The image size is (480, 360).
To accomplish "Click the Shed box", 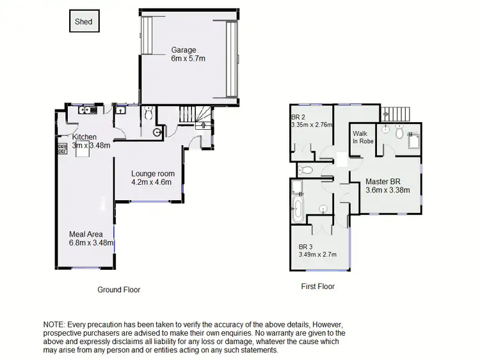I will pyautogui.click(x=83, y=22).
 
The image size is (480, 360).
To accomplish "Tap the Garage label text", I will pyautogui.click(x=183, y=50).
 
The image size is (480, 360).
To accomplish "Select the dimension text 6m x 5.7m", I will pyautogui.click(x=188, y=59).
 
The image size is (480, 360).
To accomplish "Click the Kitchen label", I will pyautogui.click(x=84, y=137).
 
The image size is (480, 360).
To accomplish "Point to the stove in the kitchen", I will pyautogui.click(x=63, y=148).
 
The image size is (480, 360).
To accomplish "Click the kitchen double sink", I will pyautogui.click(x=86, y=111).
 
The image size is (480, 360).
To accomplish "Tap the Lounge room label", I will pyautogui.click(x=153, y=173).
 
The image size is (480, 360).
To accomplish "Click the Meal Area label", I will pyautogui.click(x=86, y=234).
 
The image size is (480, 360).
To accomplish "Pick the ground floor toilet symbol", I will pyautogui.click(x=148, y=114).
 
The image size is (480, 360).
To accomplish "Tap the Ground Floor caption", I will pyautogui.click(x=118, y=290).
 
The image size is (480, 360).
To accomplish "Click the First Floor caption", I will pyautogui.click(x=318, y=286).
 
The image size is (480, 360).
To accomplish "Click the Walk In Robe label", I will pyautogui.click(x=364, y=137).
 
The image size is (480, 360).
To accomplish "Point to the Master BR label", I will pyautogui.click(x=383, y=182).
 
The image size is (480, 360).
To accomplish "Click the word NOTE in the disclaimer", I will pyautogui.click(x=55, y=325).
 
